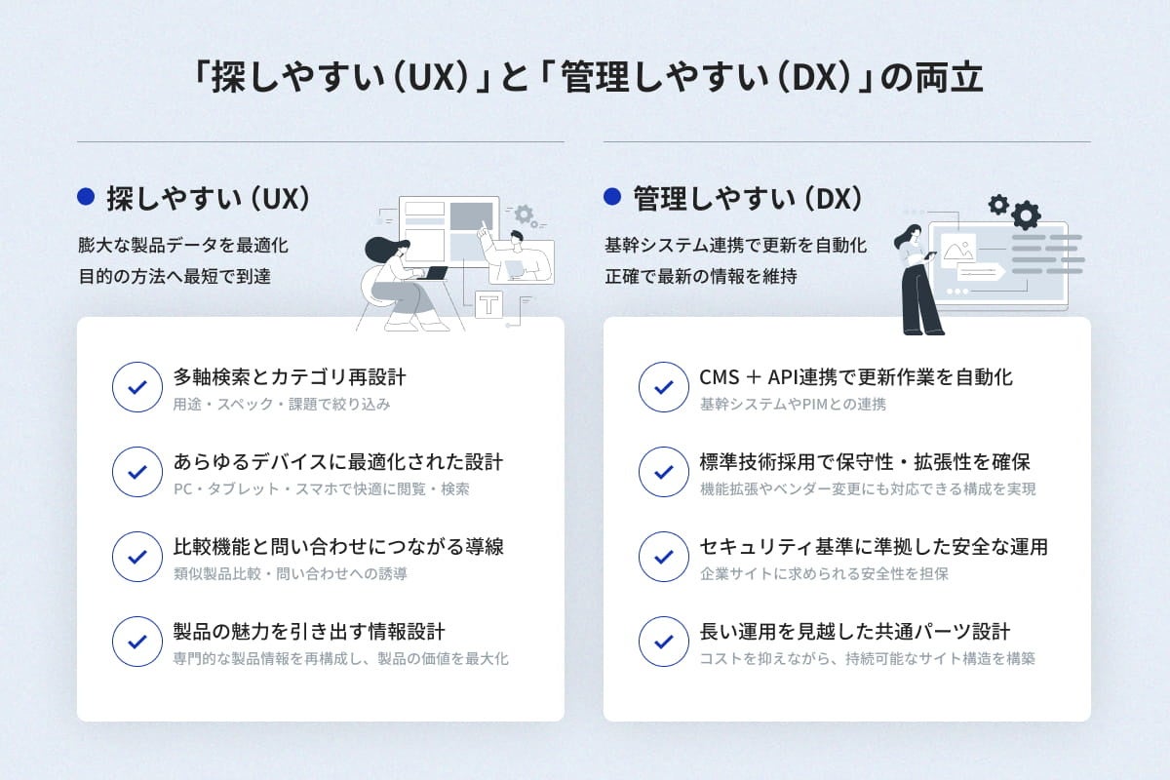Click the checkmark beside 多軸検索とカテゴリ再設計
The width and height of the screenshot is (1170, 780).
pyautogui.click(x=137, y=387)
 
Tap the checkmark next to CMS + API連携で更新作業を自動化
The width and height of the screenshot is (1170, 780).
pyautogui.click(x=664, y=387)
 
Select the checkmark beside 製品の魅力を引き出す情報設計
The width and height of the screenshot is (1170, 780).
pyautogui.click(x=137, y=642)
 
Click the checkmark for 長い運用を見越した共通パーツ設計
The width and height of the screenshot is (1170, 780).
pyautogui.click(x=664, y=642)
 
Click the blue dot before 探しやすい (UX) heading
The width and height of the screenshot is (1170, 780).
pyautogui.click(x=86, y=198)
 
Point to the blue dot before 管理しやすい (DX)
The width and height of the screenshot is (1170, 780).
pyautogui.click(x=612, y=198)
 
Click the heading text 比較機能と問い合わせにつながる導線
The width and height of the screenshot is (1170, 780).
pyautogui.click(x=338, y=547)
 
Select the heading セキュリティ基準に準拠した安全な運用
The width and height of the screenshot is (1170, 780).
pyautogui.click(x=874, y=547)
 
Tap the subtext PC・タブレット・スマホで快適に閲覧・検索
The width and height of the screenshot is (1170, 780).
pyautogui.click(x=321, y=488)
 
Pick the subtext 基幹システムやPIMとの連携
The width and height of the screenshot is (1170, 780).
pyautogui.click(x=793, y=404)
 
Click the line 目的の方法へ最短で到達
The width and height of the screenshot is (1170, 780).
pyautogui.click(x=175, y=277)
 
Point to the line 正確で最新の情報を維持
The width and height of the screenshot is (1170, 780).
pyautogui.click(x=701, y=277)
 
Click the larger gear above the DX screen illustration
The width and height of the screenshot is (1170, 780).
pyautogui.click(x=1026, y=214)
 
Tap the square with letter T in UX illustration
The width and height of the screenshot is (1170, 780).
pyautogui.click(x=488, y=303)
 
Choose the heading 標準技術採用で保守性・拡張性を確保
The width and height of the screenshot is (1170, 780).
pyautogui.click(x=865, y=462)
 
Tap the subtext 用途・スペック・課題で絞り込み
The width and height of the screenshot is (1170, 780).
pyautogui.click(x=282, y=404)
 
